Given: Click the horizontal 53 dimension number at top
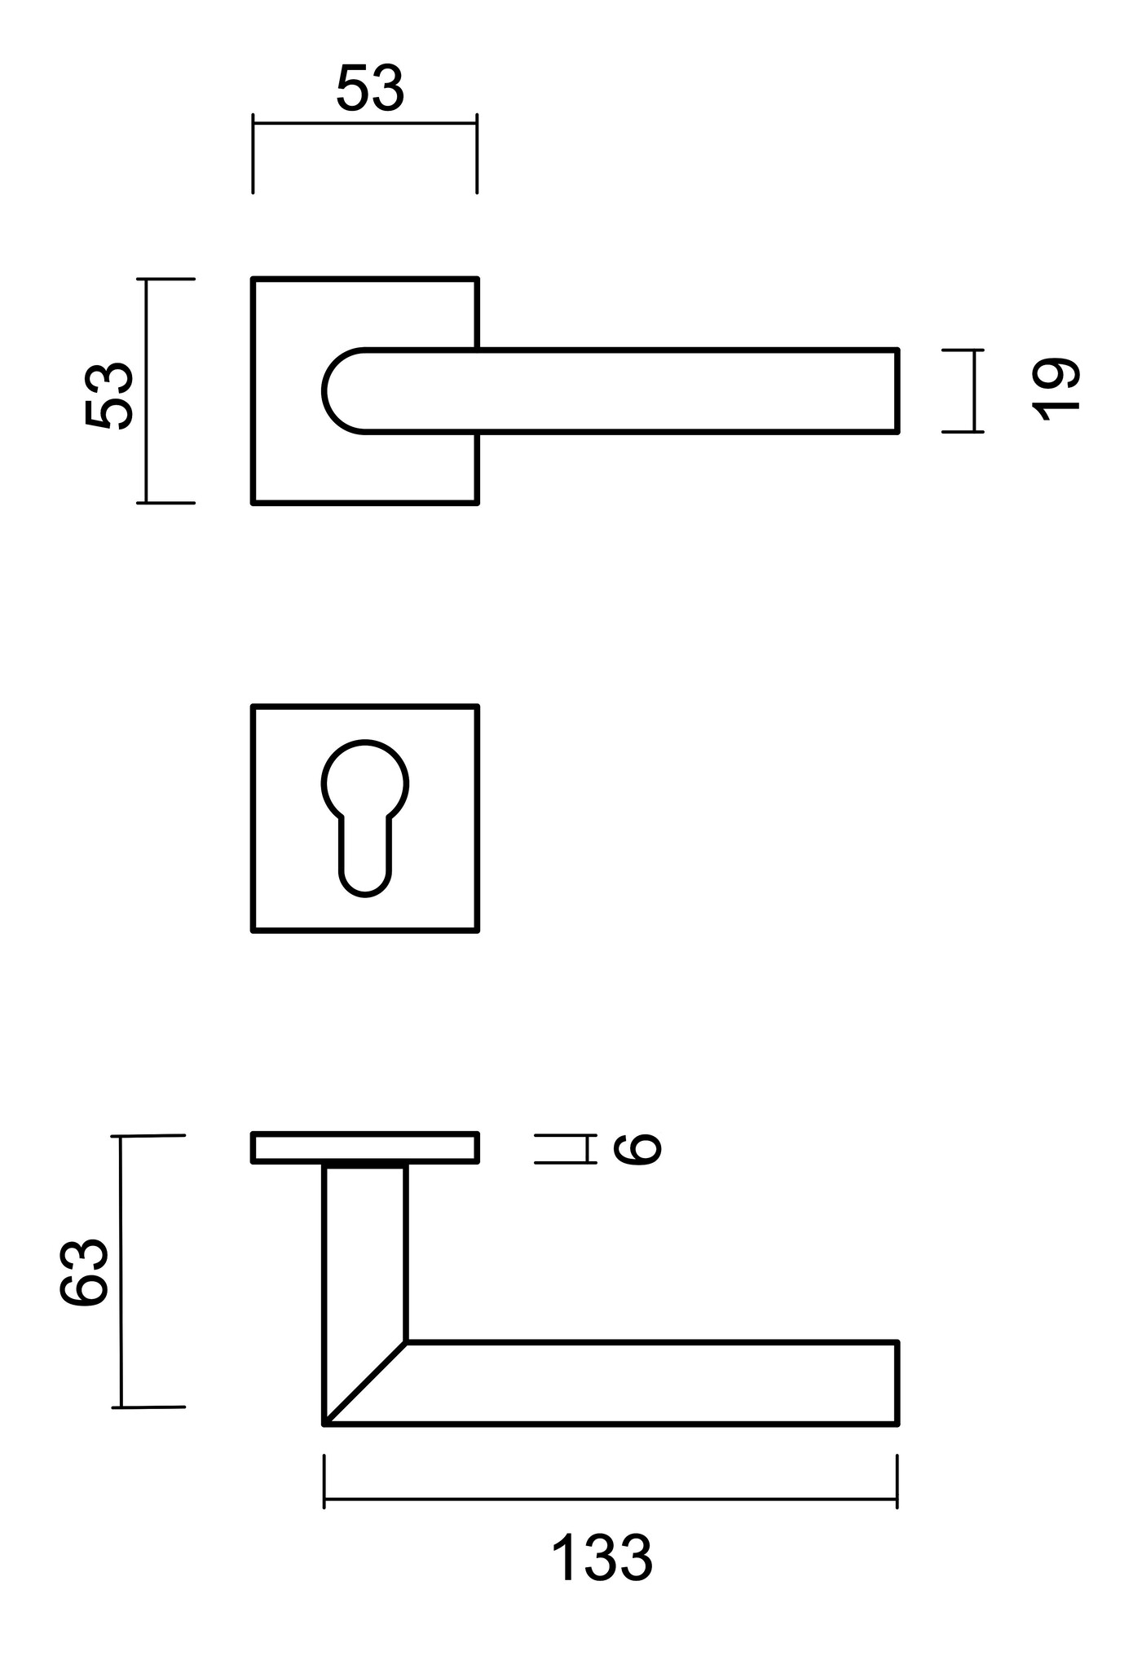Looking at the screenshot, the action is tap(370, 89).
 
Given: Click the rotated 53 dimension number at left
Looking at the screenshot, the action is tap(108, 395).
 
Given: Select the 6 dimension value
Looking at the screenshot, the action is tap(637, 1148).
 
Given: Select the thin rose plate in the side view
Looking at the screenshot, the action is tap(364, 1147).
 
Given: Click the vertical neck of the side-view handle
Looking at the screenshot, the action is tap(364, 1255).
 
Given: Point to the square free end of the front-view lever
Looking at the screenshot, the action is tap(888, 391).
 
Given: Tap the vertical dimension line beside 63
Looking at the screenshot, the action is tap(121, 1271).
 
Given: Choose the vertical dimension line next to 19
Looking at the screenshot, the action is tap(973, 390).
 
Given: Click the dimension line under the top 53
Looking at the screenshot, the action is tap(364, 123).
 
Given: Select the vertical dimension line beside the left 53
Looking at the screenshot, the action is tap(147, 391).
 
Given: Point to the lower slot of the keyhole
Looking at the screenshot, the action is tap(365, 860).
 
